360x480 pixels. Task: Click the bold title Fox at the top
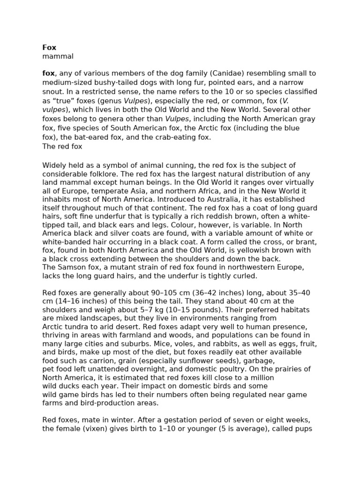point(49,47)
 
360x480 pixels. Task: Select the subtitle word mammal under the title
point(58,56)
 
